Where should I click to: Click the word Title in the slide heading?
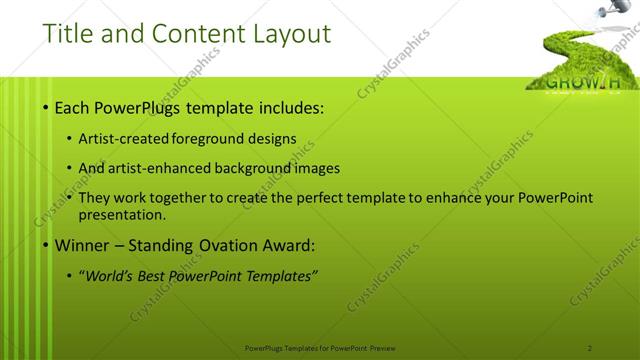pos(67,34)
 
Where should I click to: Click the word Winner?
pos(81,245)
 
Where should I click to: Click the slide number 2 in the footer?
pos(589,347)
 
